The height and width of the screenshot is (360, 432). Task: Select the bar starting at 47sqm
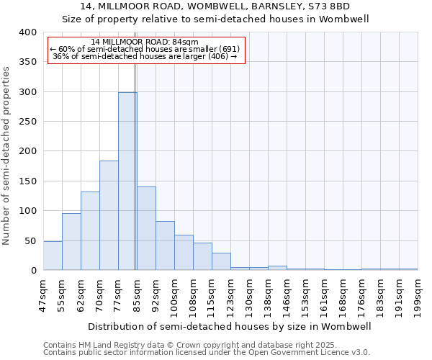coord(53,256)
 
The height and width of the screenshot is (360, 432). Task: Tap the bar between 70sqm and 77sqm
coord(109,215)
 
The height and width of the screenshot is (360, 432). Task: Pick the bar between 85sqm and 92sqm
coord(146,228)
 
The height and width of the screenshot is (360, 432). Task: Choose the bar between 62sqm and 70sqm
coord(90,230)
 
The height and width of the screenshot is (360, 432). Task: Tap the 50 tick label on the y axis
coord(31,240)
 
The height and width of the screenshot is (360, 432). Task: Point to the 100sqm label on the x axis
coord(174,294)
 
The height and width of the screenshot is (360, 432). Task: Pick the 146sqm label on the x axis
coord(287,294)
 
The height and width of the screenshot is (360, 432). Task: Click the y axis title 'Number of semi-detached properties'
coord(6,155)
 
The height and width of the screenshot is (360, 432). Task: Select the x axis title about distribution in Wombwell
coord(230,326)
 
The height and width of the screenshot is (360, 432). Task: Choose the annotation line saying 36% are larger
coord(145,56)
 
